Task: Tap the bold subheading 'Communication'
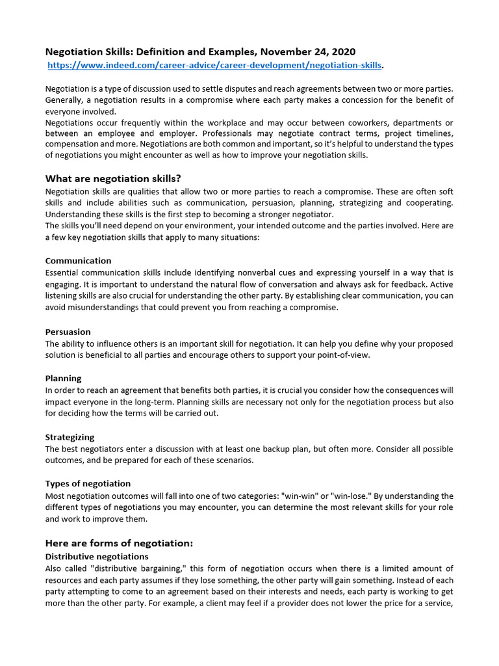pyautogui.click(x=78, y=261)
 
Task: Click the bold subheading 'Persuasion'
pyautogui.click(x=68, y=332)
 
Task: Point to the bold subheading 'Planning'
pyautogui.click(x=64, y=379)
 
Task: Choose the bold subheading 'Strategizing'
pyautogui.click(x=70, y=437)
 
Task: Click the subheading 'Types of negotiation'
pyautogui.click(x=88, y=483)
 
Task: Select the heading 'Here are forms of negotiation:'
pyautogui.click(x=119, y=542)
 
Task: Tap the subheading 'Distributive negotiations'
pyautogui.click(x=97, y=557)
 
